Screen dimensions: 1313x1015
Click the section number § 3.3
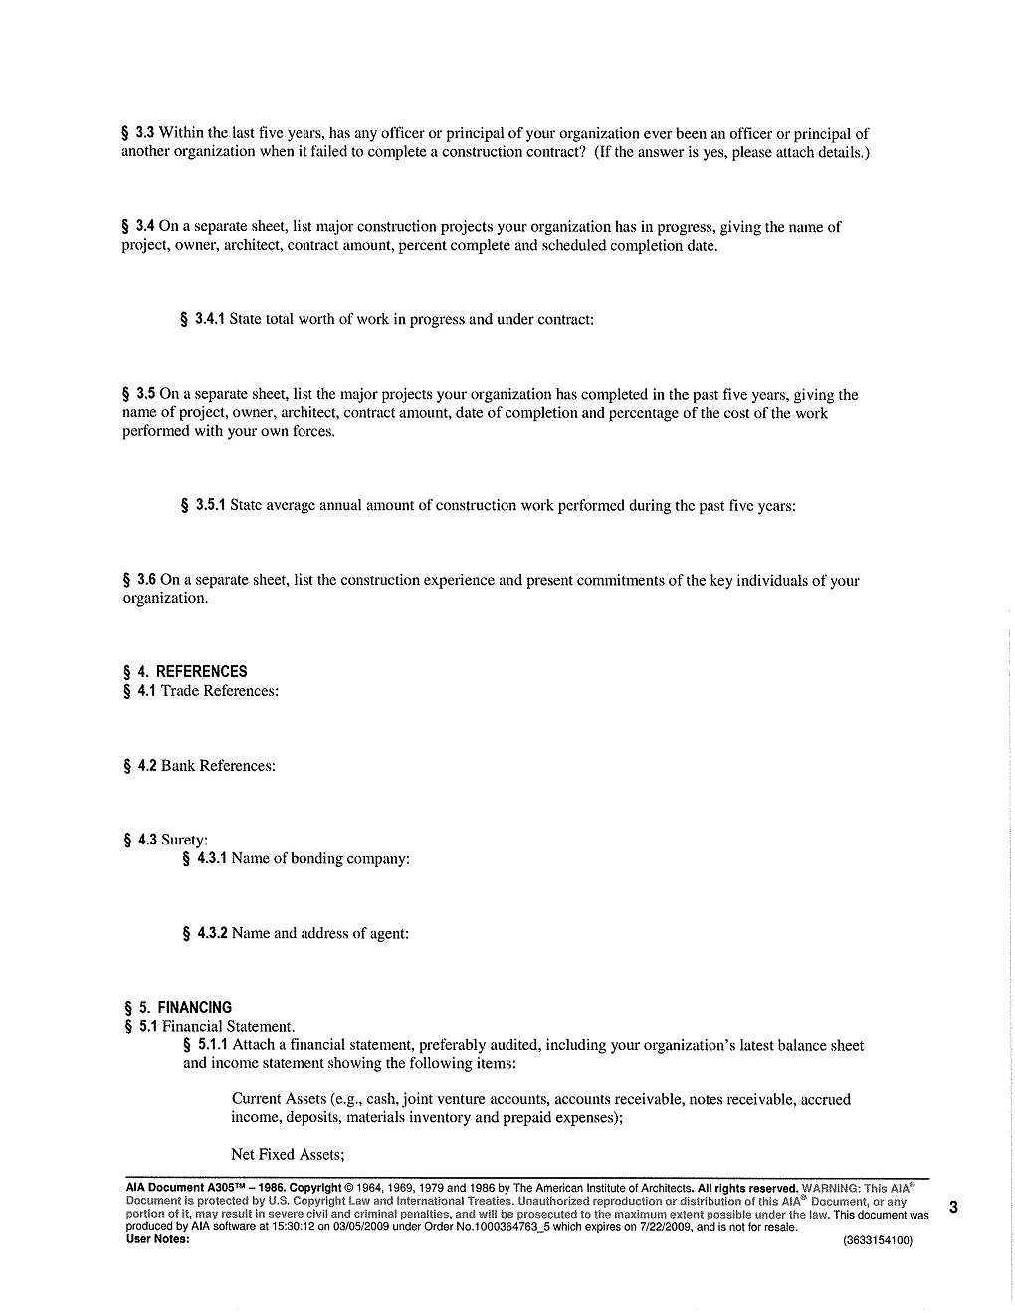(x=138, y=133)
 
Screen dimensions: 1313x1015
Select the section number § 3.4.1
(x=203, y=319)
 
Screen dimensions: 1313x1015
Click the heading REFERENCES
(x=201, y=671)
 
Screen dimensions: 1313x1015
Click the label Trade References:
(x=219, y=691)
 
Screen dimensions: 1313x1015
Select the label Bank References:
(x=218, y=765)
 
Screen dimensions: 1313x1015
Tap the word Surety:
(x=184, y=840)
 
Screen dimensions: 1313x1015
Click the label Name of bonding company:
(x=320, y=858)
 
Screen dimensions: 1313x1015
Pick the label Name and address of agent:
(x=319, y=933)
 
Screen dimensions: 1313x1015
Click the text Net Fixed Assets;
(x=288, y=1154)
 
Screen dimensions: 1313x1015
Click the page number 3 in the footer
(x=953, y=1208)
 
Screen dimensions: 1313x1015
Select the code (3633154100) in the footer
(x=877, y=1240)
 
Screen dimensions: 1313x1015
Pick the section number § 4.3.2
(x=205, y=933)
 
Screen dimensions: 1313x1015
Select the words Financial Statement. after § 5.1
(x=228, y=1026)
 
